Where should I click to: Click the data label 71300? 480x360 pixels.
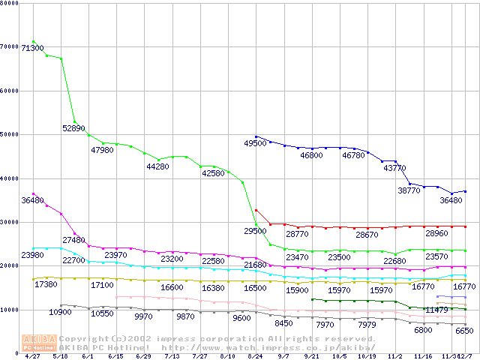coord(32,48)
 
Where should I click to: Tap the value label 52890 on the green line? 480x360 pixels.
coord(73,128)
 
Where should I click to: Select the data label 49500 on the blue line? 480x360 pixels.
coord(256,143)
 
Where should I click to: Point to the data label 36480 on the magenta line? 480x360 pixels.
coord(32,200)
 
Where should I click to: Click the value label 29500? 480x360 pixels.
coord(256,231)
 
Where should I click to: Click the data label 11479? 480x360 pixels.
coord(436,310)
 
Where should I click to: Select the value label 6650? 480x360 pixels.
coord(464,331)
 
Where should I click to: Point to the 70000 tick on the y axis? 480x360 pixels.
coord(10,47)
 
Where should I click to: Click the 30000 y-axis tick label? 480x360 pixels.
coord(10,222)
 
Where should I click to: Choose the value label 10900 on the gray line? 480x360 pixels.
coord(60,312)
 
